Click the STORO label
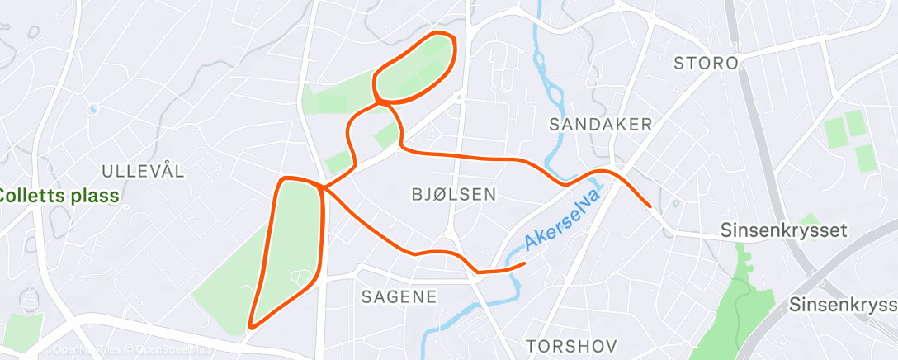[705, 63]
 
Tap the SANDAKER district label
[601, 124]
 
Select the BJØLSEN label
[453, 195]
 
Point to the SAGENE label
[399, 297]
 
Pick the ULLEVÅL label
[143, 171]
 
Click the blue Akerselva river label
[560, 219]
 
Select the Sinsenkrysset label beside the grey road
[783, 230]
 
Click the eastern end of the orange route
[650, 206]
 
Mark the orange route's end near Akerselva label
[525, 264]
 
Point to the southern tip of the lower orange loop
[251, 325]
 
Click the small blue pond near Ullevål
[92, 109]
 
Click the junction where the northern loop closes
[378, 102]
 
